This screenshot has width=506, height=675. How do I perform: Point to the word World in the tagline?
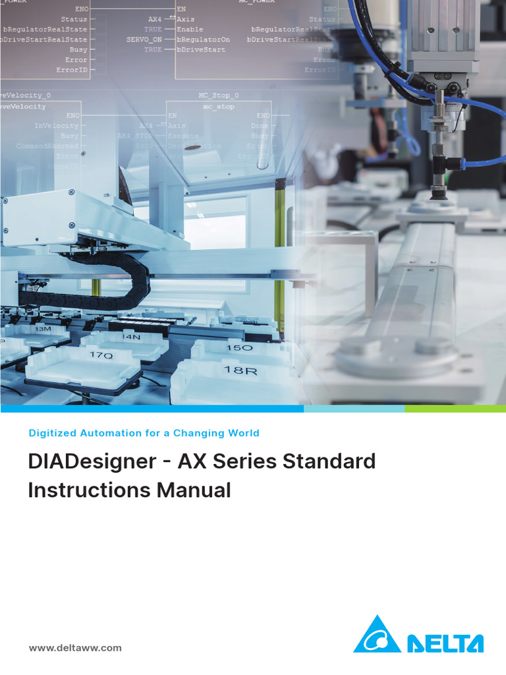pos(242,433)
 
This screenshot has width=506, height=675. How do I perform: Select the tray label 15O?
pos(239,347)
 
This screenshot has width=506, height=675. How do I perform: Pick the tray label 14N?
pos(132,337)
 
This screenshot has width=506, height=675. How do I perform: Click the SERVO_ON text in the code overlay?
pos(144,40)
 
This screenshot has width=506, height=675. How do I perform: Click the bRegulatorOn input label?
pos(203,40)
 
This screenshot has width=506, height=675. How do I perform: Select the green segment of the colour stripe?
pos(455,409)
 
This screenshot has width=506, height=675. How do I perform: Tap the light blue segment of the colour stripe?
pos(354,409)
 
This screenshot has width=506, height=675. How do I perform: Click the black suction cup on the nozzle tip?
pos(437,194)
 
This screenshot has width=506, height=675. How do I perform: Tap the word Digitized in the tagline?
pos(52,433)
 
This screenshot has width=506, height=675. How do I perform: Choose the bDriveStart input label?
pos(200,49)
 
